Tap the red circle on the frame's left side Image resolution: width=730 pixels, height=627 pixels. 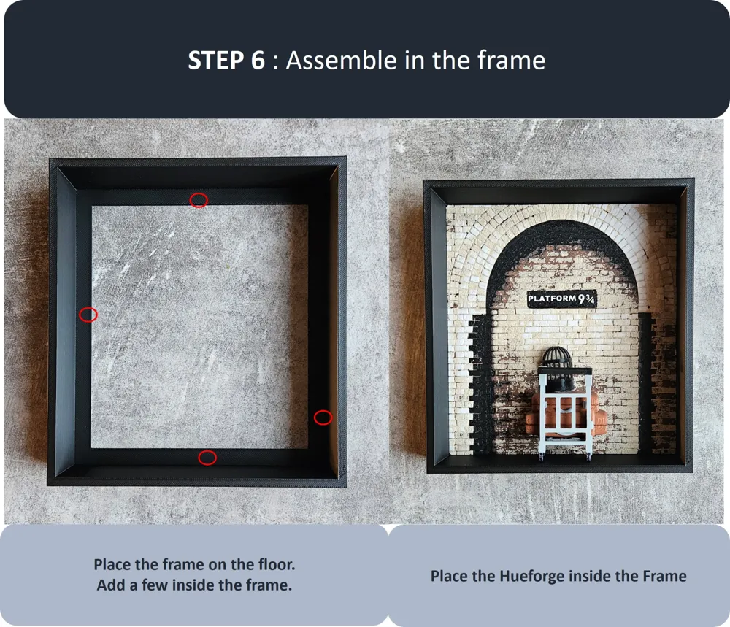(80, 315)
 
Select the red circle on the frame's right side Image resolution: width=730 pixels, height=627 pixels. (314, 418)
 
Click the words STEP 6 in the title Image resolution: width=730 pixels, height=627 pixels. (226, 61)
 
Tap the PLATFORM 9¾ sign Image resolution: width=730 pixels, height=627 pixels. (561, 299)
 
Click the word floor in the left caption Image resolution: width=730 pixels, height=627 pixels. (274, 565)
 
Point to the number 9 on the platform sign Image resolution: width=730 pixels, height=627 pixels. (582, 299)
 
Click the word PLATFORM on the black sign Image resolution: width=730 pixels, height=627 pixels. (552, 298)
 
